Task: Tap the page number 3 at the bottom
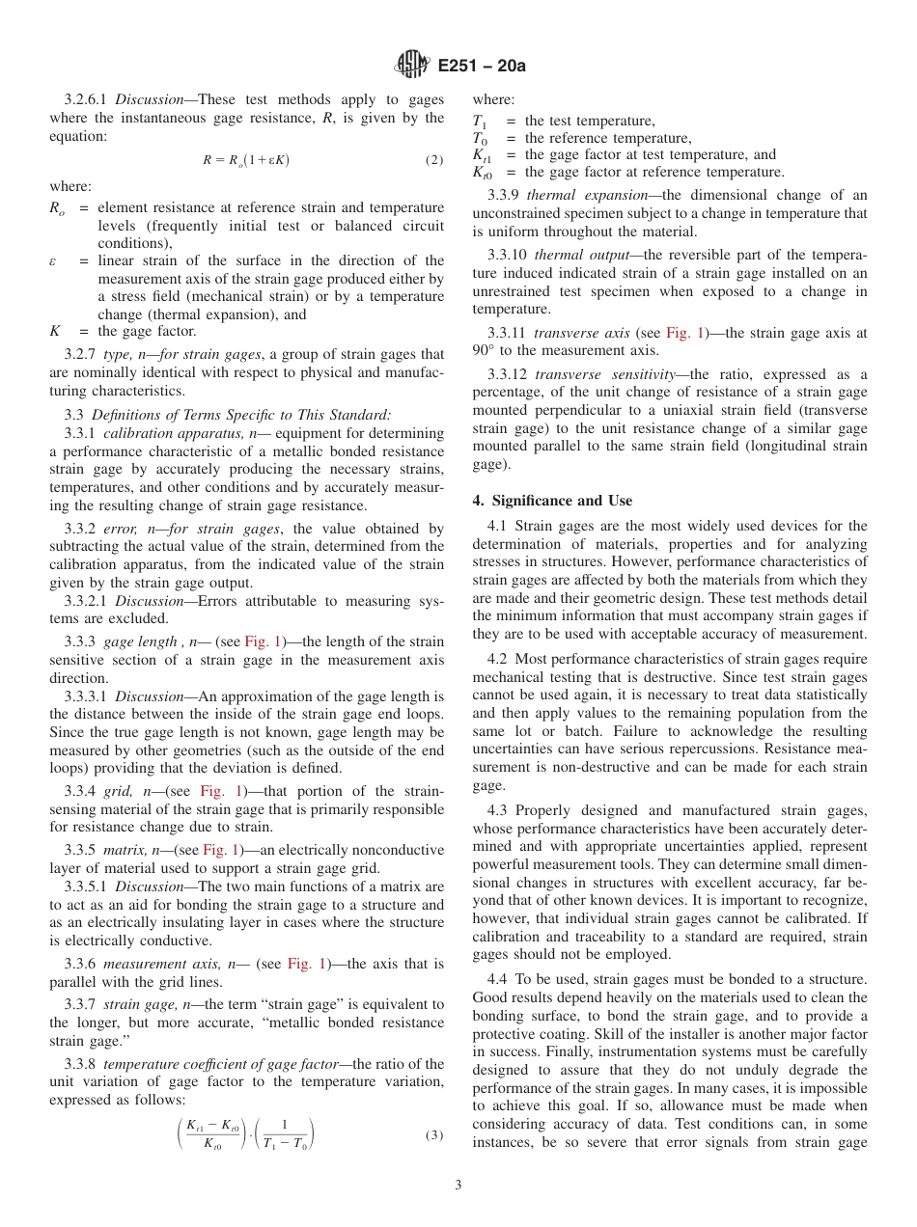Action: click(458, 1185)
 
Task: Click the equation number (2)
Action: click(434, 160)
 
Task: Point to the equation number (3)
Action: click(434, 1134)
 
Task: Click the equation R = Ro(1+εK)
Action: click(245, 160)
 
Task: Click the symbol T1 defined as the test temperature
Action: click(480, 122)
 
